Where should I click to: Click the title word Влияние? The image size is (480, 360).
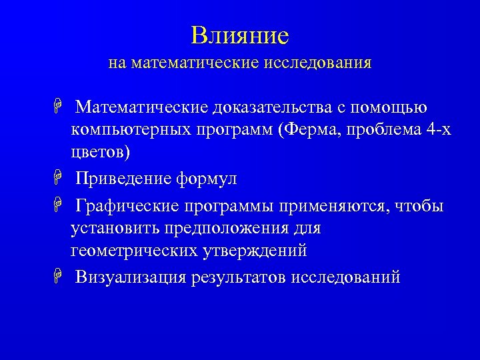(239, 35)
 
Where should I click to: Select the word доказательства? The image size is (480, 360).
(271, 107)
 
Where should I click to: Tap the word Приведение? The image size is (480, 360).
(124, 179)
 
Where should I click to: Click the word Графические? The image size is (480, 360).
(131, 207)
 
